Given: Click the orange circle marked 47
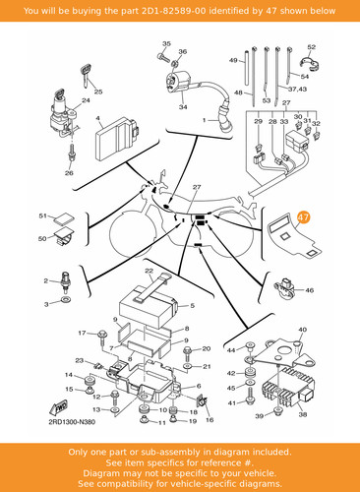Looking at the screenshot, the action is (304, 217).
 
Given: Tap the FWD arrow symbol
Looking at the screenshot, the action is (58, 407).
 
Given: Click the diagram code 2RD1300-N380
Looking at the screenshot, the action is (72, 422).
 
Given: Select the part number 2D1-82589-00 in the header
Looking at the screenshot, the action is (174, 11).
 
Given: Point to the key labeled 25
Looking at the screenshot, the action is (86, 76).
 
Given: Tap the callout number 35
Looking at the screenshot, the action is (166, 43).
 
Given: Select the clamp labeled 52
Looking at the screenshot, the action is (310, 63).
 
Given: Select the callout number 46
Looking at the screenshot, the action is (309, 290).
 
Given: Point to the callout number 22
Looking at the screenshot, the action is (150, 271).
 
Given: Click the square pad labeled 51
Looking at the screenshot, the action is (65, 219).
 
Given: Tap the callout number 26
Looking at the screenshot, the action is (69, 173).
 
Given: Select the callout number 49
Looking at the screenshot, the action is (233, 60).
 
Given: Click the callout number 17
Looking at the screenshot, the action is (82, 333).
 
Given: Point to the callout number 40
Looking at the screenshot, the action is (302, 330).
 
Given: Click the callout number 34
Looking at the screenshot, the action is (183, 107).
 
